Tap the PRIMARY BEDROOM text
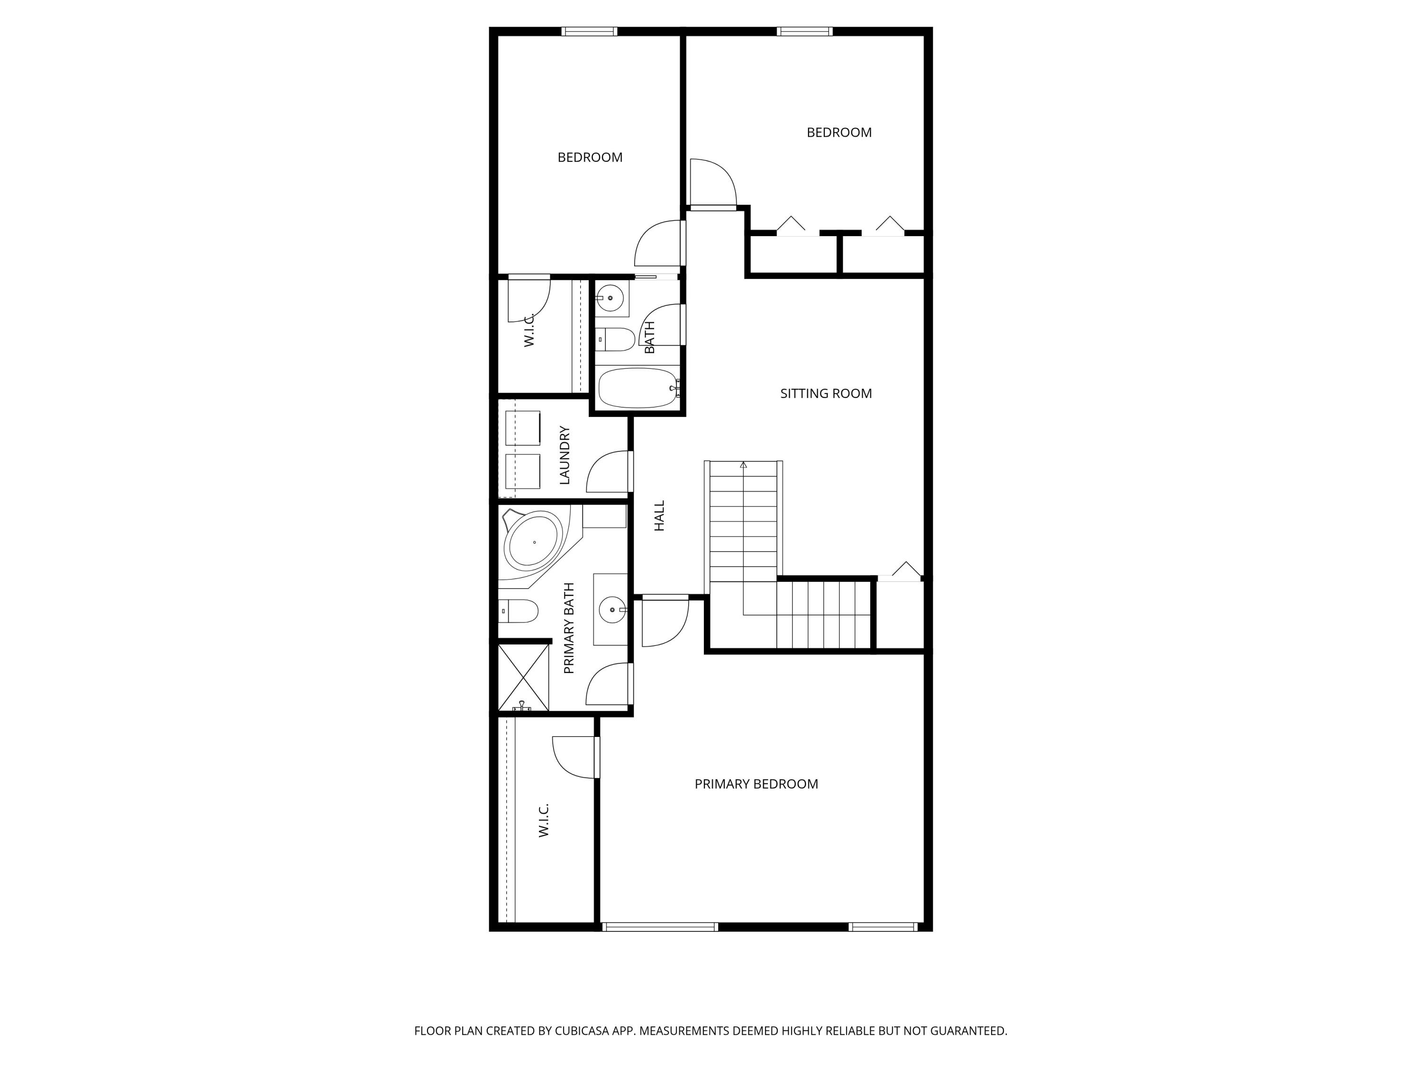pos(756,784)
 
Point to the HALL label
pos(659,516)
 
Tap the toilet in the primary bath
pos(520,611)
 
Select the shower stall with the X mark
pos(523,677)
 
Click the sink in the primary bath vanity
pos(611,609)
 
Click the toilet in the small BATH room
pos(615,339)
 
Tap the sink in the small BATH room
pos(610,298)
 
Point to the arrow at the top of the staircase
pos(744,464)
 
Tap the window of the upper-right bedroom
pos(804,31)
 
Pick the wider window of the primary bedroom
pos(660,927)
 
